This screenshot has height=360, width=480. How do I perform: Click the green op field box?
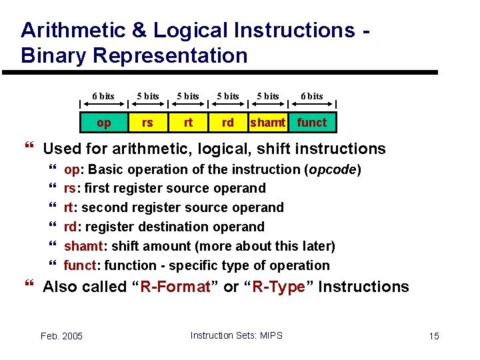[x=104, y=123]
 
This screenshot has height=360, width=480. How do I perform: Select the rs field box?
[x=147, y=123]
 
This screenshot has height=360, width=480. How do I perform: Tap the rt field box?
[x=188, y=123]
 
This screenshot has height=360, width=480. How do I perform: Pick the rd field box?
[x=228, y=123]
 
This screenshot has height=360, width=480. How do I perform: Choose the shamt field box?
[x=268, y=123]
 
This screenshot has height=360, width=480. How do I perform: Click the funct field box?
[x=312, y=123]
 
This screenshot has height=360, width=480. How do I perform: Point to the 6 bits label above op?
[x=103, y=96]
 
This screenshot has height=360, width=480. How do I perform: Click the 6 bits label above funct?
[x=311, y=96]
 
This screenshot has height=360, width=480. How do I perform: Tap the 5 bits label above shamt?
[x=268, y=96]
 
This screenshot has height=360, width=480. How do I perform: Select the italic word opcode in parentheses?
[x=332, y=169]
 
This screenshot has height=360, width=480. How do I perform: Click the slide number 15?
[x=434, y=336]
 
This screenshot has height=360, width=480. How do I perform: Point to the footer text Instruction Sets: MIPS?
[x=236, y=335]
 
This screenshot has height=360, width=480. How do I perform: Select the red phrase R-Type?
[x=281, y=287]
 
